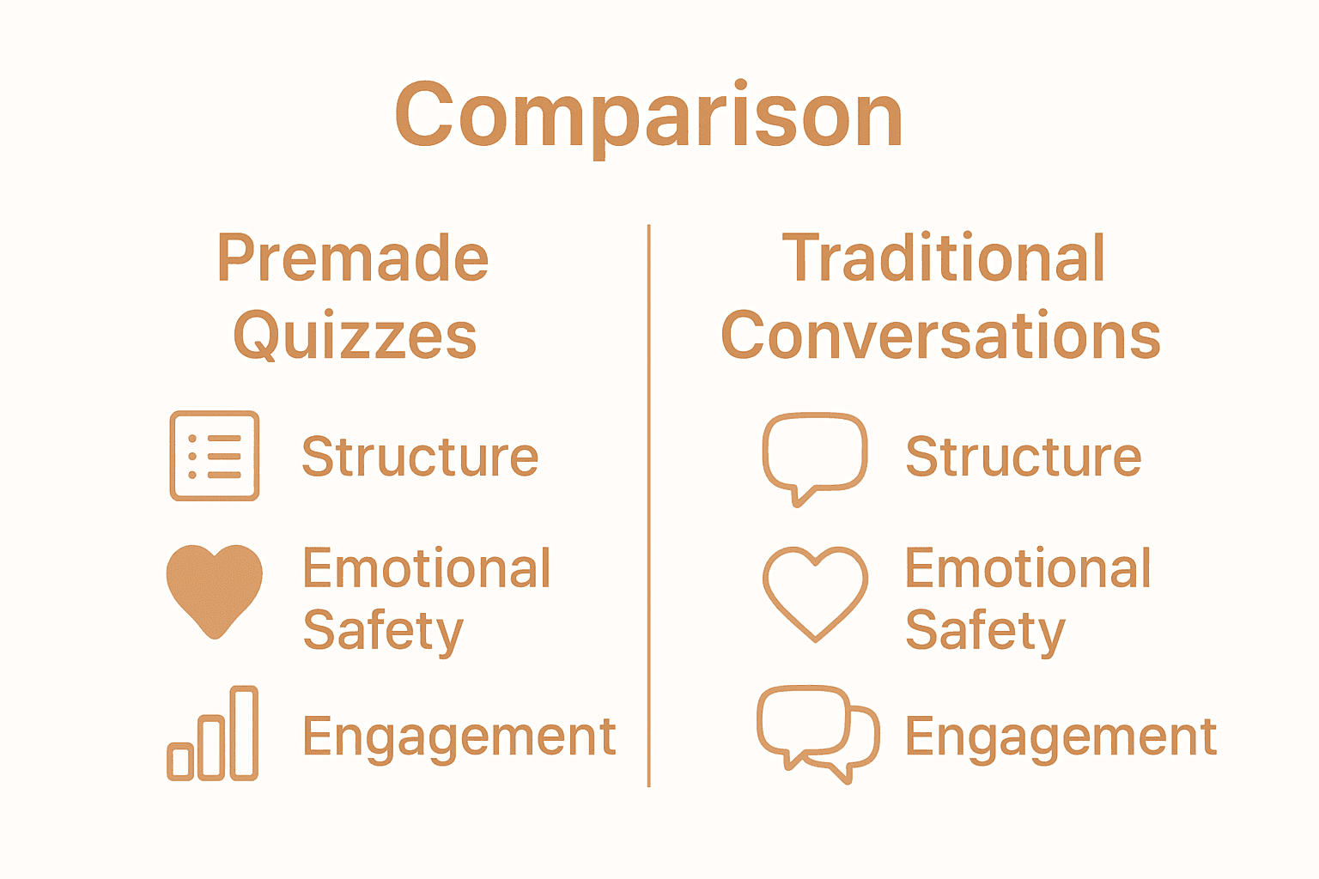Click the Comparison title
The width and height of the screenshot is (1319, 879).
pos(648,117)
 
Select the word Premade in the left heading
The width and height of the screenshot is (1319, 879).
pos(353,258)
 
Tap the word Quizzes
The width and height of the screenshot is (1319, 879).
pos(355,335)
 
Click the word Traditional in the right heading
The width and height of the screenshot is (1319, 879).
pos(944,258)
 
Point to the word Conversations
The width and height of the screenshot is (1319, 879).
pos(940,334)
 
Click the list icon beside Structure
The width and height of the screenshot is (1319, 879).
pos(215,456)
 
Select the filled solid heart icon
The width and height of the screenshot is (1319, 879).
pos(215,591)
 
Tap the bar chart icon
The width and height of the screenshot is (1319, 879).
pos(213,733)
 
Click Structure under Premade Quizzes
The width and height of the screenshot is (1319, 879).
pos(420,457)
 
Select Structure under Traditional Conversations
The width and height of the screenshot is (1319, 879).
pos(1024,457)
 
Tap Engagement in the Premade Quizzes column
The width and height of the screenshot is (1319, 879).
pos(459,737)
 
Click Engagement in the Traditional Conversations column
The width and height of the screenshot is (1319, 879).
pos(1061,737)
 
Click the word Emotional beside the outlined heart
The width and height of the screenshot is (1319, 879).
pos(1028,567)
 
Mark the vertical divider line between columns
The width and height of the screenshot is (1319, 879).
pos(649,505)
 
